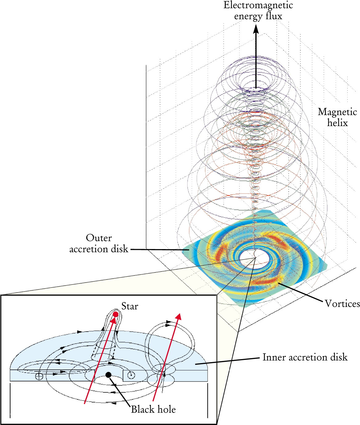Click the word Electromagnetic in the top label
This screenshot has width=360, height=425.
click(258, 5)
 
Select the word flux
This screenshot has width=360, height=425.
click(274, 16)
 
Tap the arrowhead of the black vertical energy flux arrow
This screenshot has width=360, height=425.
click(256, 29)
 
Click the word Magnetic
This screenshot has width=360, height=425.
click(337, 112)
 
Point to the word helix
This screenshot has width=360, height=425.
click(337, 123)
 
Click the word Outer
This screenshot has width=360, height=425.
click(99, 238)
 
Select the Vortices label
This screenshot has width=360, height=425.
click(342, 304)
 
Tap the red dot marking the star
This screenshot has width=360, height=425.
click(116, 314)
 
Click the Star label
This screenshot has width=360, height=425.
click(130, 306)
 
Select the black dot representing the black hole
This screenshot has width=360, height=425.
click(108, 375)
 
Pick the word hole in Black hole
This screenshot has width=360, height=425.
click(167, 409)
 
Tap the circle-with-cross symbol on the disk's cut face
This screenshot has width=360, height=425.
click(39, 376)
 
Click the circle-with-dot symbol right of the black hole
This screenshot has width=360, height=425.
click(131, 375)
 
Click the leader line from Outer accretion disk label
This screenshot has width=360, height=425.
click(160, 250)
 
